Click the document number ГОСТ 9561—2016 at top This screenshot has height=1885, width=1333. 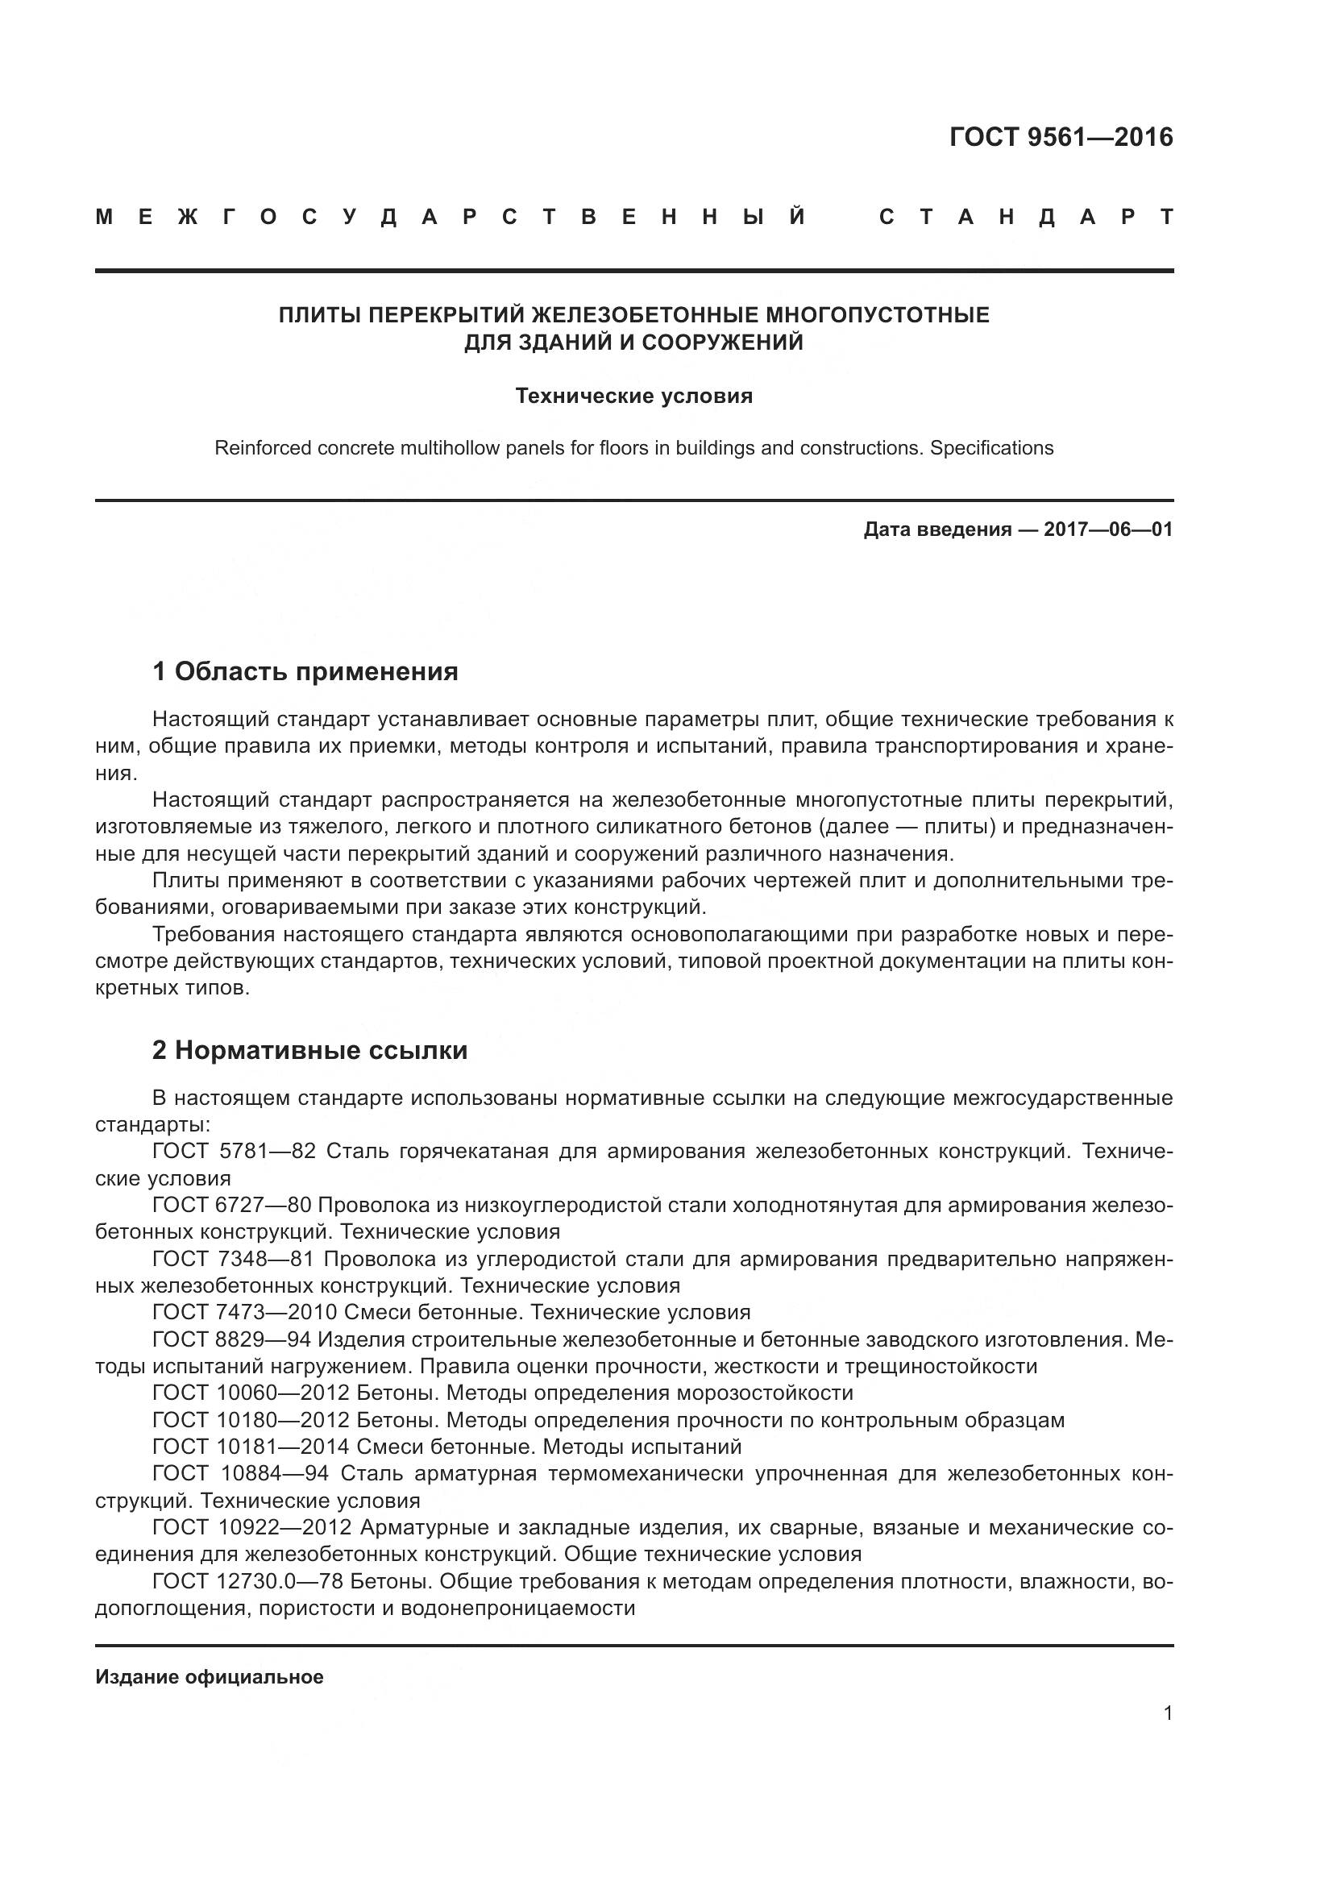coord(1061,137)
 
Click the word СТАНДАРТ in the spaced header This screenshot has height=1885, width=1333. coord(1025,218)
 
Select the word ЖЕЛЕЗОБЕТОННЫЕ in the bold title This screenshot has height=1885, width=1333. coord(646,315)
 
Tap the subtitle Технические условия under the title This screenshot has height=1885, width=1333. coord(633,397)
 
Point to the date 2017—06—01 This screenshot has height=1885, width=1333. coord(1108,529)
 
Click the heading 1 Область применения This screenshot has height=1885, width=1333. coord(305,671)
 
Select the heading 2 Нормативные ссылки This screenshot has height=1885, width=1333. coord(309,1050)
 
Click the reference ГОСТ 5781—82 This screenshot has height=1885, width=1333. coord(234,1151)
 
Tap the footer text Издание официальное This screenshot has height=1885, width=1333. coord(210,1677)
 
